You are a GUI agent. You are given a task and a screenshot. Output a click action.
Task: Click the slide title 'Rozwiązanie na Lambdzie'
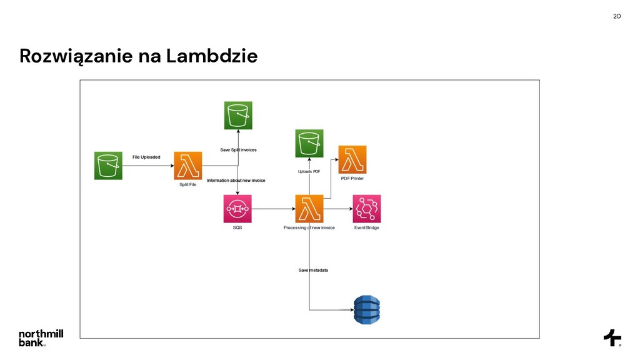tap(138, 57)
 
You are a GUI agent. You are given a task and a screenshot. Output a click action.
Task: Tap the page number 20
tap(617, 16)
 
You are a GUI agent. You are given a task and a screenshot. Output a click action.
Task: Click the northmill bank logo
tap(41, 337)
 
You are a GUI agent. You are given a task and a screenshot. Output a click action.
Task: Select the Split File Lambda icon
tap(188, 166)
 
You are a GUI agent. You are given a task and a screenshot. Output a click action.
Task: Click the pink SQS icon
tap(237, 209)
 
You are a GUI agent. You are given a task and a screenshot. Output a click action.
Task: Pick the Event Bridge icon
tap(367, 209)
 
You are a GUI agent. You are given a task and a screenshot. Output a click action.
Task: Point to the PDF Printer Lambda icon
tap(352, 159)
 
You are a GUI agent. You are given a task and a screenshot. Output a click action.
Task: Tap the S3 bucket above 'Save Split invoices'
tap(238, 116)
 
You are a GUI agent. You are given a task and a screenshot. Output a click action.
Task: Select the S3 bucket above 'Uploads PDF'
tap(309, 144)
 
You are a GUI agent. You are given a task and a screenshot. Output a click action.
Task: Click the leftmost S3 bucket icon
tap(108, 166)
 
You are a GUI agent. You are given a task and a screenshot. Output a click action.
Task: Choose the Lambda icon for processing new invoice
tap(309, 209)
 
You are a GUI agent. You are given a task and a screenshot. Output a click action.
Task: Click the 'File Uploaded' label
tap(146, 157)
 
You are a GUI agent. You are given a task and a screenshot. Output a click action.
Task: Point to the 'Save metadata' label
tap(313, 270)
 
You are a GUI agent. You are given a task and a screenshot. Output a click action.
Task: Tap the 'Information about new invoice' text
tap(236, 181)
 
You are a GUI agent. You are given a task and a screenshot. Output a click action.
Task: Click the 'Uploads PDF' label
tap(309, 171)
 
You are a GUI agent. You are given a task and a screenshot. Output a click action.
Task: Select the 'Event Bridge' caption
tap(367, 227)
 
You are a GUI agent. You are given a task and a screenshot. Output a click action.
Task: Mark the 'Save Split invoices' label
tap(238, 150)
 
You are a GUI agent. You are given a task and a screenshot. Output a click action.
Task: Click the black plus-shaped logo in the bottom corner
tap(612, 337)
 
